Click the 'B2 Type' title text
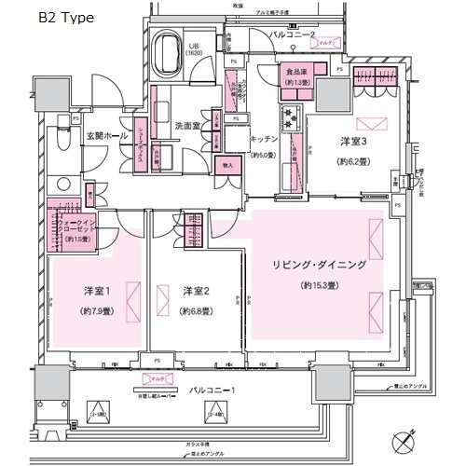(67, 18)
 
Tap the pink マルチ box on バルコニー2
(327, 43)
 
